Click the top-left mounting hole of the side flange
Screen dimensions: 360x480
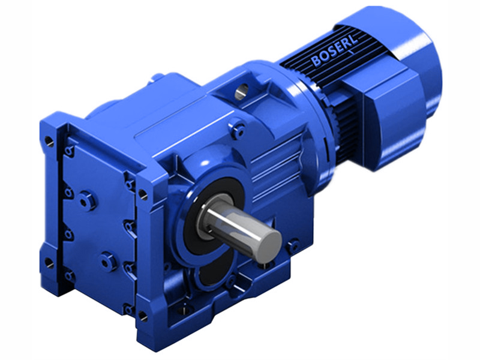[x=48, y=142]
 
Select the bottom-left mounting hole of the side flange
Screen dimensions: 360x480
[x=49, y=263]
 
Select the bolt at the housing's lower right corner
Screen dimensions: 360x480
[x=293, y=245]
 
